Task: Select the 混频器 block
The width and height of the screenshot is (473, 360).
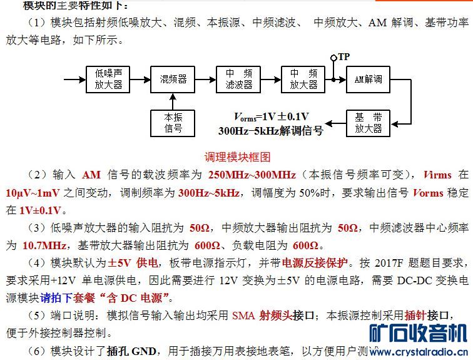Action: tap(173, 79)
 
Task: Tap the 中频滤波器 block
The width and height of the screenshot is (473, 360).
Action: tap(238, 79)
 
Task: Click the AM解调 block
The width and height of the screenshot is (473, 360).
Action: tap(368, 79)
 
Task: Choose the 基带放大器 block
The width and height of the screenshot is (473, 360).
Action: tap(368, 123)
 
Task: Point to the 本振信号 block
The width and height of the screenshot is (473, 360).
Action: tap(173, 123)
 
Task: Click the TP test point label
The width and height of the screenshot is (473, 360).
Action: tap(343, 56)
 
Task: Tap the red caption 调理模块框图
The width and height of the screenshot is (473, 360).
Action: tap(237, 156)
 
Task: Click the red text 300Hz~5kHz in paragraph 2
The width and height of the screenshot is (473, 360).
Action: tap(208, 192)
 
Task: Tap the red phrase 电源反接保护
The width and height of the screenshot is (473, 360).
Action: tap(313, 262)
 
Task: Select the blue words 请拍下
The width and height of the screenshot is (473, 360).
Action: tap(56, 297)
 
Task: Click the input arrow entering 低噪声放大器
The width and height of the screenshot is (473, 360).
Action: tap(74, 79)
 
